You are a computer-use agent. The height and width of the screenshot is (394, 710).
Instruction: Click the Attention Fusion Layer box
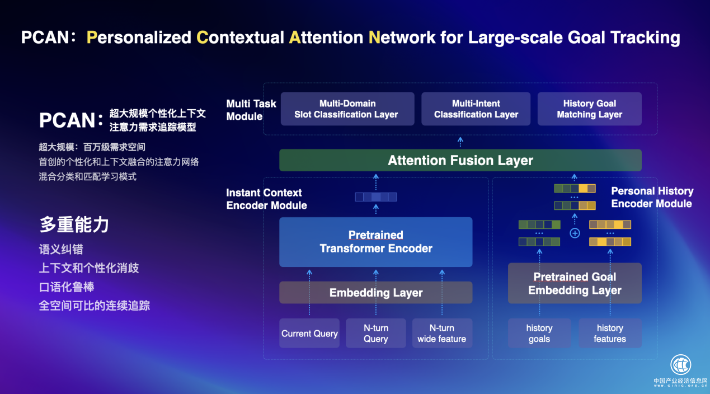(460, 161)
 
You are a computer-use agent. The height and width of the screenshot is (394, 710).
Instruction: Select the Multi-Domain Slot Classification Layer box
(347, 109)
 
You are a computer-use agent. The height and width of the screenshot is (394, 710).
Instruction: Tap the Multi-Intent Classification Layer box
(476, 109)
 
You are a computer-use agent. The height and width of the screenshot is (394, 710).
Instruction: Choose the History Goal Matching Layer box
(589, 109)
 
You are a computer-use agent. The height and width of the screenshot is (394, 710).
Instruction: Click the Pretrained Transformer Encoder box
(375, 242)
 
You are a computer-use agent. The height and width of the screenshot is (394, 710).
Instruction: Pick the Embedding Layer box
(375, 293)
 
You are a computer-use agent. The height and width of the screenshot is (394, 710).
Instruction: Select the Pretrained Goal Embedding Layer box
(575, 283)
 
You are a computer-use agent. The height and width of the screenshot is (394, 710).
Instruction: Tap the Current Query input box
(309, 334)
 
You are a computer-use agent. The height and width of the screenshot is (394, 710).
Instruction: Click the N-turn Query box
(375, 334)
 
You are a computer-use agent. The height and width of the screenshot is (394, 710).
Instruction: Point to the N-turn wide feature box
(441, 334)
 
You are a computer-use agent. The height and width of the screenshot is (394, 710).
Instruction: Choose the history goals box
(539, 334)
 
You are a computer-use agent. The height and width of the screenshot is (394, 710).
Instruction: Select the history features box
(610, 334)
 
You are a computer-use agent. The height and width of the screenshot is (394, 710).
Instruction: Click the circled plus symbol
(575, 233)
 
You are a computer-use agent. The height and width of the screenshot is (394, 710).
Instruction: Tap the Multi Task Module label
(251, 110)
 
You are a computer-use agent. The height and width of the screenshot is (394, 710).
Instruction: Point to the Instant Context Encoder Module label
(266, 199)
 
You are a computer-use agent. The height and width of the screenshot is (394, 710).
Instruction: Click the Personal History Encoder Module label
(652, 197)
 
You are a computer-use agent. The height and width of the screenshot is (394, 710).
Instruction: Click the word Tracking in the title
(645, 37)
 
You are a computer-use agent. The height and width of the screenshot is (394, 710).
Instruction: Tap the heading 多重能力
(74, 225)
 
